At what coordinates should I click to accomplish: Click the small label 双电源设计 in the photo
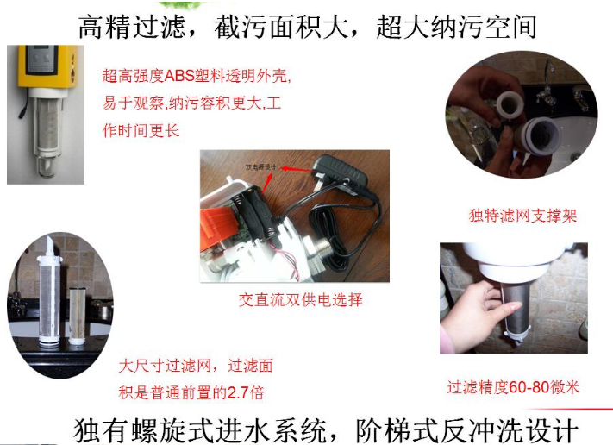coord(257,161)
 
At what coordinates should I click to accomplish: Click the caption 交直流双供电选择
coord(301,300)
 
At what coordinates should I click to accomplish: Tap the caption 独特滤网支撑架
coord(522,216)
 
